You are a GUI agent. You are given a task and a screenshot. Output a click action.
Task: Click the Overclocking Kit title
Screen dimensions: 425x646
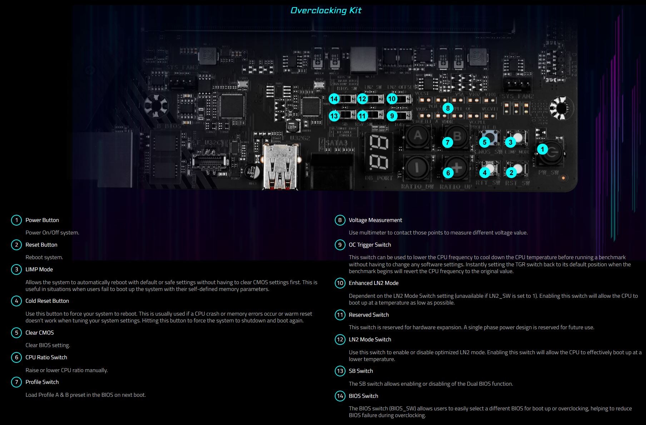point(326,10)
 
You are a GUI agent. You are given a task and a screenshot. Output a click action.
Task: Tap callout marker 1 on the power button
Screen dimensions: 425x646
point(542,149)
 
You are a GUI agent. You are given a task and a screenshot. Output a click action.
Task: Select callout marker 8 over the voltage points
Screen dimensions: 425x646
point(447,108)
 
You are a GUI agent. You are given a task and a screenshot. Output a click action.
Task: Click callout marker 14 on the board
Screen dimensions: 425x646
point(334,99)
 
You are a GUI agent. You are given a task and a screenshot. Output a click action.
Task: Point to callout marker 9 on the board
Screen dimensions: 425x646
point(392,116)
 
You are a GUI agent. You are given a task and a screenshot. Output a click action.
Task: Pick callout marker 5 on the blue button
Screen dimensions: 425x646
point(484,142)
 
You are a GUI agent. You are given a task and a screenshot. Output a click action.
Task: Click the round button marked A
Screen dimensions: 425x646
point(417,136)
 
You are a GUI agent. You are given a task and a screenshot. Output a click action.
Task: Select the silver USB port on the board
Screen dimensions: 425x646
point(280,166)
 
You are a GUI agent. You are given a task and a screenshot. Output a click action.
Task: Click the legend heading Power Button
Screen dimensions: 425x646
point(42,220)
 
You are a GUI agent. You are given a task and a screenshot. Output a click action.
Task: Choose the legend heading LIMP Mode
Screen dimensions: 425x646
point(39,270)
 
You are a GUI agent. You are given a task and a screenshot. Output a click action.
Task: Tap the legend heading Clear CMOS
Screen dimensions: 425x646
point(40,333)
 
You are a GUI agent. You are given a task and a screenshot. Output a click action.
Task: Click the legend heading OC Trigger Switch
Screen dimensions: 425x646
point(370,245)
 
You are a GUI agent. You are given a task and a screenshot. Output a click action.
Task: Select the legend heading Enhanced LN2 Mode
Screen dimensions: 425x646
point(373,283)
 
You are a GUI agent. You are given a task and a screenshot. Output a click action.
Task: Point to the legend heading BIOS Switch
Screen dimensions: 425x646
point(363,396)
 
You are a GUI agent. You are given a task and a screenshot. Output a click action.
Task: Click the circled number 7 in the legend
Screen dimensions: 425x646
point(16,382)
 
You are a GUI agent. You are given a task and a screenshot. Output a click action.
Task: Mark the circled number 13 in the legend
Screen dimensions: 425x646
point(340,371)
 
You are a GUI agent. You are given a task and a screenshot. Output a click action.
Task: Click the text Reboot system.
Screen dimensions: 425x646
point(44,257)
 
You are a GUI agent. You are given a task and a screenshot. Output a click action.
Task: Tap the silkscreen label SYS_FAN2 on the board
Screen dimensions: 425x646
point(517,97)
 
